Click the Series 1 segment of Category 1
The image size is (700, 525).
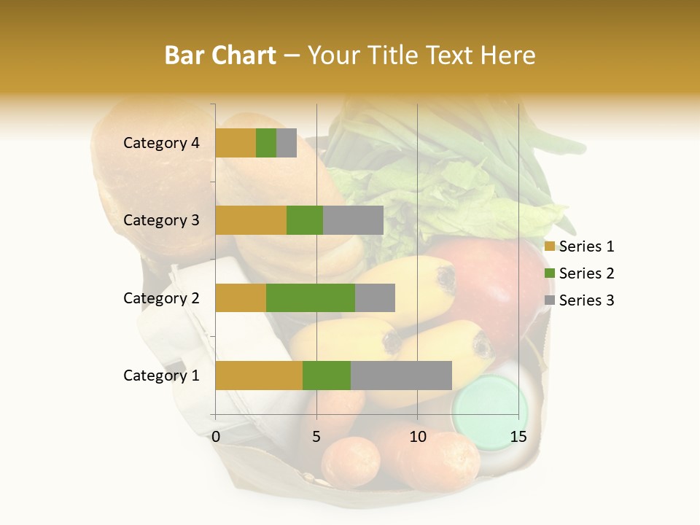[259, 375]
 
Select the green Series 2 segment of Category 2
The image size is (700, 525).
[311, 297]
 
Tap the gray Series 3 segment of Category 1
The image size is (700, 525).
[401, 375]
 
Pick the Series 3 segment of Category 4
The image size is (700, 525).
[287, 143]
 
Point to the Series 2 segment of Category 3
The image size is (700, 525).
[305, 220]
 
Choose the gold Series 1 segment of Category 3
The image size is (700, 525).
[251, 220]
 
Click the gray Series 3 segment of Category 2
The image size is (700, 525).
[375, 297]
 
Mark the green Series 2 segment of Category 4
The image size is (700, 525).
[266, 143]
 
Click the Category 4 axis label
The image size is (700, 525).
[161, 143]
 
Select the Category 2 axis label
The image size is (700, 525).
[161, 297]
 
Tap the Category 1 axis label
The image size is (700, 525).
[161, 376]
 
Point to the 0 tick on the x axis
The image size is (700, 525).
[216, 437]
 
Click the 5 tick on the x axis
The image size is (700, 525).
[316, 437]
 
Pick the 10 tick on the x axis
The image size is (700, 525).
[417, 437]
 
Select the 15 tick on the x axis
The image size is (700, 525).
[518, 437]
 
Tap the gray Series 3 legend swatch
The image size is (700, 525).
[550, 300]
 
